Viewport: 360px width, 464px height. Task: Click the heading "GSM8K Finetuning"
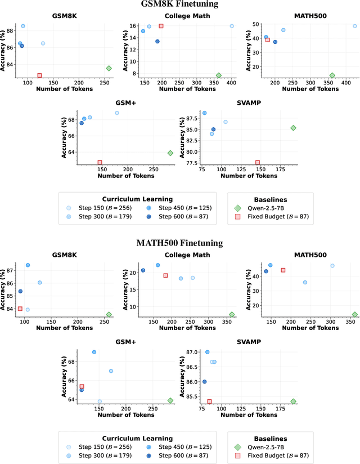[179, 5]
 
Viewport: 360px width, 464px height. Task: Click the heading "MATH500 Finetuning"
[179, 243]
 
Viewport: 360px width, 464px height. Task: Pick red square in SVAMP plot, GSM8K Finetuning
[258, 163]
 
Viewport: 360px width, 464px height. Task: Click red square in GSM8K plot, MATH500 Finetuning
[20, 309]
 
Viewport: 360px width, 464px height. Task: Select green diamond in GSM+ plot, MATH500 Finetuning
[170, 400]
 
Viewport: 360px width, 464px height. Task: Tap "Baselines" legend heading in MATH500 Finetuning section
[270, 438]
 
